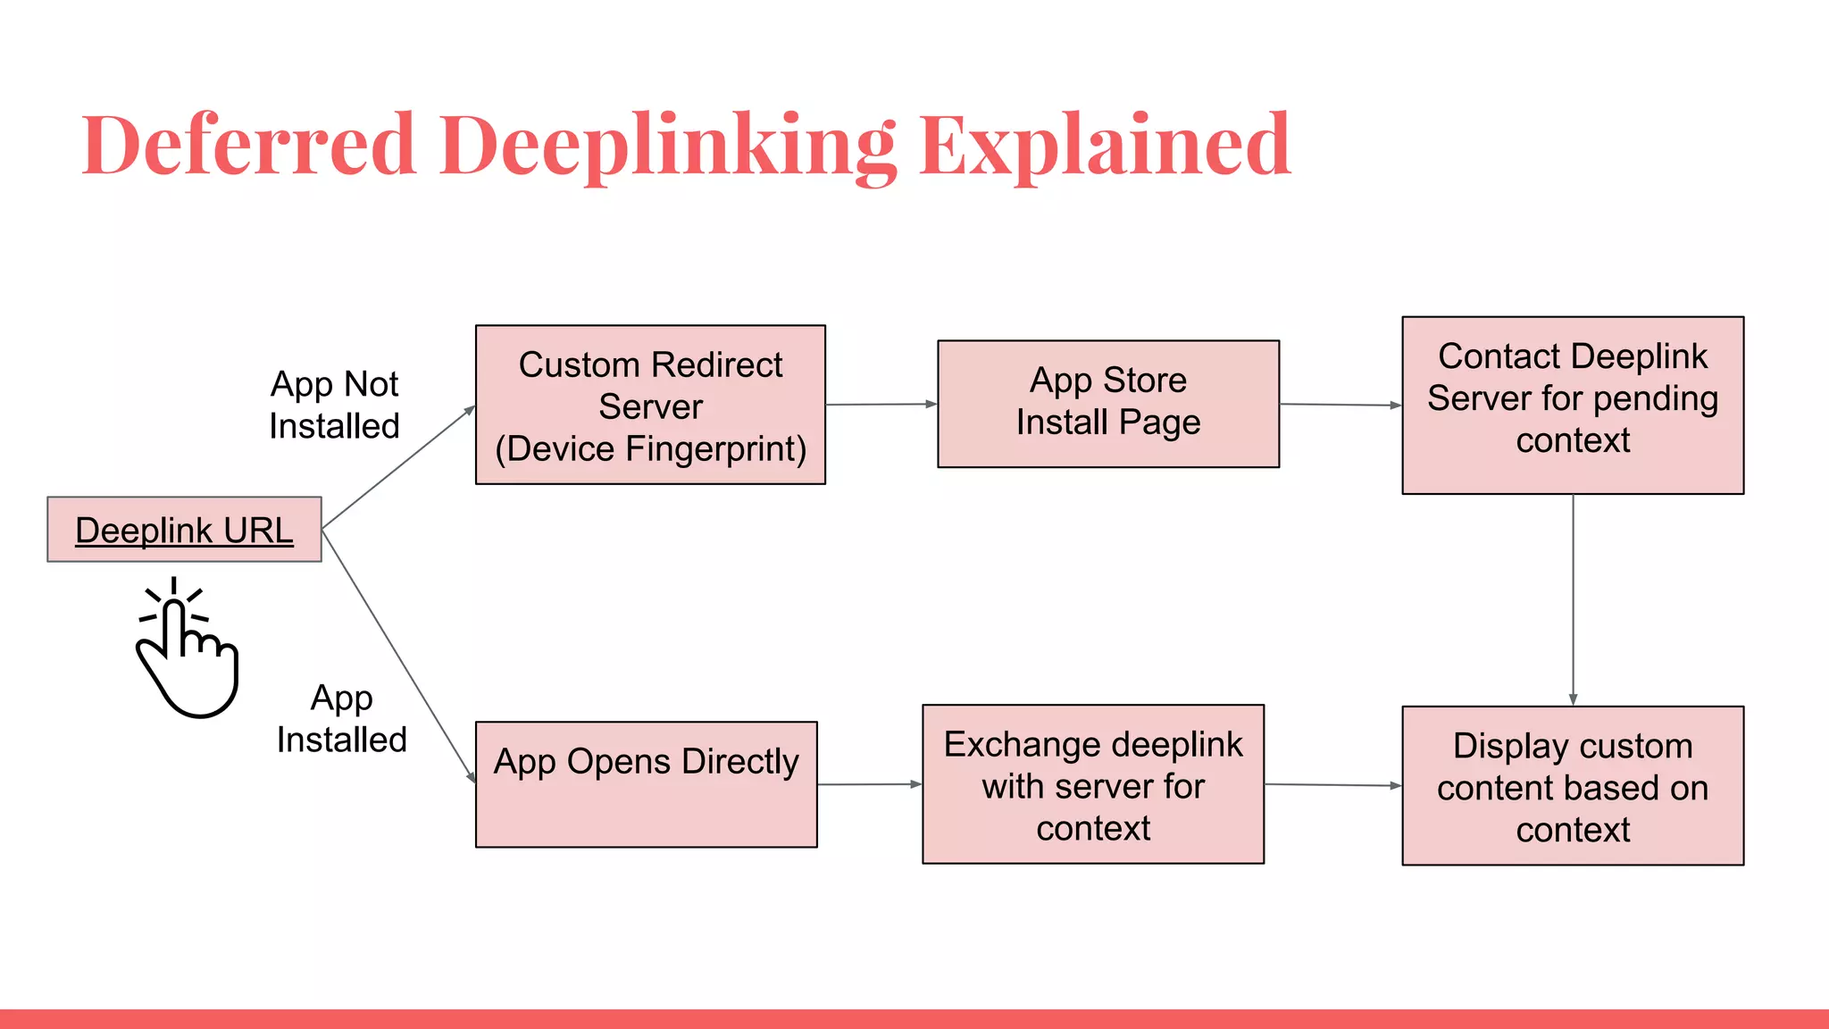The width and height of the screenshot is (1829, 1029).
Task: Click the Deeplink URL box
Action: [x=184, y=530]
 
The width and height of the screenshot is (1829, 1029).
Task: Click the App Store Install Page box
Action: [x=1107, y=403]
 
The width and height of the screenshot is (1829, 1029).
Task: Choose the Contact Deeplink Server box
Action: [x=1572, y=405]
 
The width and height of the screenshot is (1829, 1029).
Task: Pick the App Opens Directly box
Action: [x=646, y=784]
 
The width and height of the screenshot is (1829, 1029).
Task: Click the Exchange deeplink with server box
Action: [x=1092, y=784]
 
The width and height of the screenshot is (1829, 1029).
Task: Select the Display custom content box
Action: [x=1572, y=786]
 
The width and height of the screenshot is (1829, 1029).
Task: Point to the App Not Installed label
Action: [x=334, y=405]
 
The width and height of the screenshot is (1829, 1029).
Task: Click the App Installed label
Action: [x=341, y=719]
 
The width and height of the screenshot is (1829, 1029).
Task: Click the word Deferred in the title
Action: [x=248, y=145]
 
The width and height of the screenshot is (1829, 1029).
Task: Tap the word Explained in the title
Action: [x=1105, y=145]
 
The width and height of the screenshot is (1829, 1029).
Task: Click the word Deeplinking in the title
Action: [x=667, y=145]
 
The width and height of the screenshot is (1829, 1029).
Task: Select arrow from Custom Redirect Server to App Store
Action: [x=881, y=405]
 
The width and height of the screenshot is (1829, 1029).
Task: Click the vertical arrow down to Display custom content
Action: [x=1573, y=598]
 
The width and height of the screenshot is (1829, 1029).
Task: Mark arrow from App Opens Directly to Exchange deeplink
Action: [x=869, y=784]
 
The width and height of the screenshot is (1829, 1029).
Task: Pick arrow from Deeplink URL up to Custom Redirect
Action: [x=397, y=468]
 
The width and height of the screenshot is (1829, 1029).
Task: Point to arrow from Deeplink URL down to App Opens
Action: [x=397, y=656]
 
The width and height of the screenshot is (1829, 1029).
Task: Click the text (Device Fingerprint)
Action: [x=650, y=449]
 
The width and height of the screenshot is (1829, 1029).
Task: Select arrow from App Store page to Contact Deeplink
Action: [x=1340, y=405]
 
